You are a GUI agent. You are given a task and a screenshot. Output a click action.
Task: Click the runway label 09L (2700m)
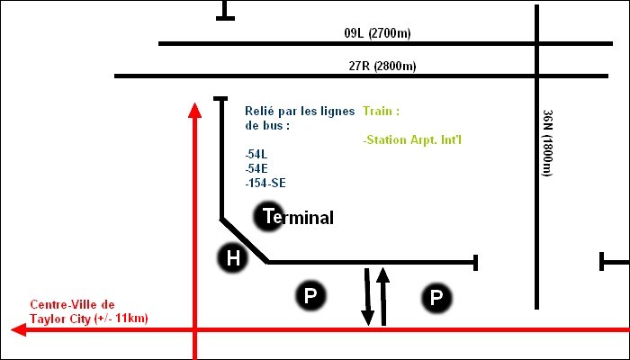[x=377, y=34]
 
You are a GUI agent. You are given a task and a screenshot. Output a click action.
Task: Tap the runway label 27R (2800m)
[x=382, y=66]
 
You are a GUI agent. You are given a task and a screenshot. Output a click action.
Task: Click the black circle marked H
[x=233, y=259]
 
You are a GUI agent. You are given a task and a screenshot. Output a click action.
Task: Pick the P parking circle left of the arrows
[x=310, y=295]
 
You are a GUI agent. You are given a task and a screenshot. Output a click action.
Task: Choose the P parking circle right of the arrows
[x=436, y=297]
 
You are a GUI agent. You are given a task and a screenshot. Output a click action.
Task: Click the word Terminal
[x=297, y=217]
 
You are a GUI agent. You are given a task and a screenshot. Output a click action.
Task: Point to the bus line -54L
[x=256, y=154]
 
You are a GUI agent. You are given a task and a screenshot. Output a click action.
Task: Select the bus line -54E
[x=256, y=168]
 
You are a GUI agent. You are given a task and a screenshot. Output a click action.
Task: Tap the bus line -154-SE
[x=265, y=183]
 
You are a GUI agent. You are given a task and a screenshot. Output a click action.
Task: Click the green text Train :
[x=381, y=112]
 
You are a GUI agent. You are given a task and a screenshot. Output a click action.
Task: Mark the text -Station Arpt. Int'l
[x=415, y=140]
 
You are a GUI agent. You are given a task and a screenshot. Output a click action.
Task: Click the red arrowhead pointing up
[x=194, y=110]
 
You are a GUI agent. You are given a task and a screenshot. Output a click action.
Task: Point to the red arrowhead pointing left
[x=19, y=330]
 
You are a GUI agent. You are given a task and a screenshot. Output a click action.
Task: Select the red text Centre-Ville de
[x=73, y=305]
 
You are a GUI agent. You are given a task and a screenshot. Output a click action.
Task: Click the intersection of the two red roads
[x=194, y=330]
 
